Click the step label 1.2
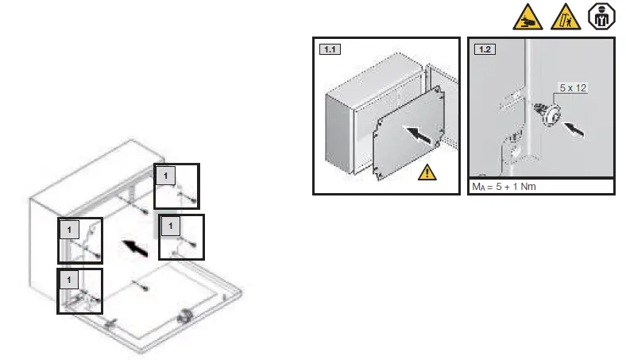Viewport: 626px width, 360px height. pos(484,49)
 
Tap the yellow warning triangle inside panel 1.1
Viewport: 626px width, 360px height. pos(427,171)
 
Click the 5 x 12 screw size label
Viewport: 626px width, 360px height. pos(571,88)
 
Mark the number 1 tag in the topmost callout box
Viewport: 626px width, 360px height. pos(164,174)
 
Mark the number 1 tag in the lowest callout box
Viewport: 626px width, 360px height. pos(69,280)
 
